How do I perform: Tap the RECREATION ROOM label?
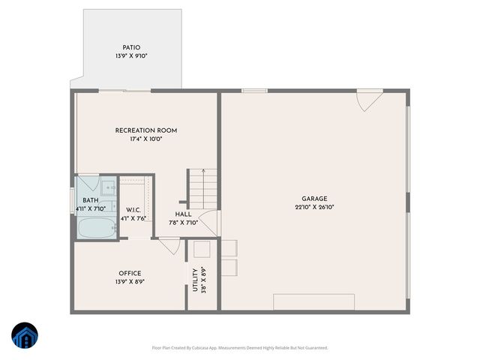(146, 130)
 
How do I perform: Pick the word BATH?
(91, 200)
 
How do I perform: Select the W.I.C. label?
(133, 210)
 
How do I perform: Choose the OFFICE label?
(130, 273)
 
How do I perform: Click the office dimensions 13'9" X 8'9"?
(130, 282)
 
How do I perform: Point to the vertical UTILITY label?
(195, 280)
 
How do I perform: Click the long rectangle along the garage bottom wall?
(313, 302)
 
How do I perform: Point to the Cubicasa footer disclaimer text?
(240, 348)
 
